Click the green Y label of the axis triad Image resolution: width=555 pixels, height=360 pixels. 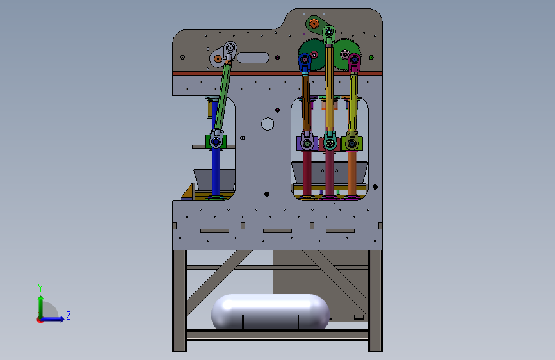[40, 288]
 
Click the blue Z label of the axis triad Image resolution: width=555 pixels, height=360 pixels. [68, 315]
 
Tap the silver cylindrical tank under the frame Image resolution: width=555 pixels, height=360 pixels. [270, 311]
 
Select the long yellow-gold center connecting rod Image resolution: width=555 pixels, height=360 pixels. [330, 87]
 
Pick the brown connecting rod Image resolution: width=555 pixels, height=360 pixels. [306, 102]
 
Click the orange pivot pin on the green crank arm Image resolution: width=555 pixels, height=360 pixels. [314, 24]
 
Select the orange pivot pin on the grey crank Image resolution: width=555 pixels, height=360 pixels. [218, 59]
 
